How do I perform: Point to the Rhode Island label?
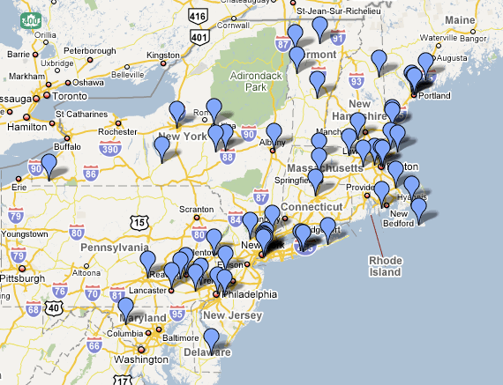385,266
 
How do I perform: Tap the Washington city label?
141,359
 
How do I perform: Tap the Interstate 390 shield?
110,149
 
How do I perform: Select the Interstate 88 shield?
227,158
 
